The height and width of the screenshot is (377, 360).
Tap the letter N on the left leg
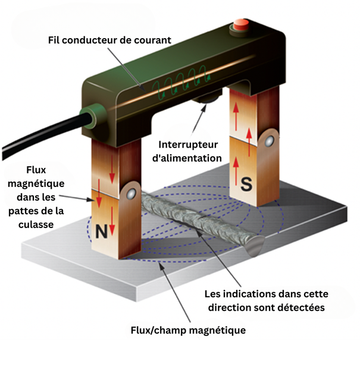[102, 231]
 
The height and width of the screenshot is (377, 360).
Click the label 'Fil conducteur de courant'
[109, 40]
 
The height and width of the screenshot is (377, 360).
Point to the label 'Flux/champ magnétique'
[188, 329]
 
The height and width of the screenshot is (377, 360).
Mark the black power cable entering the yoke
[36, 137]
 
